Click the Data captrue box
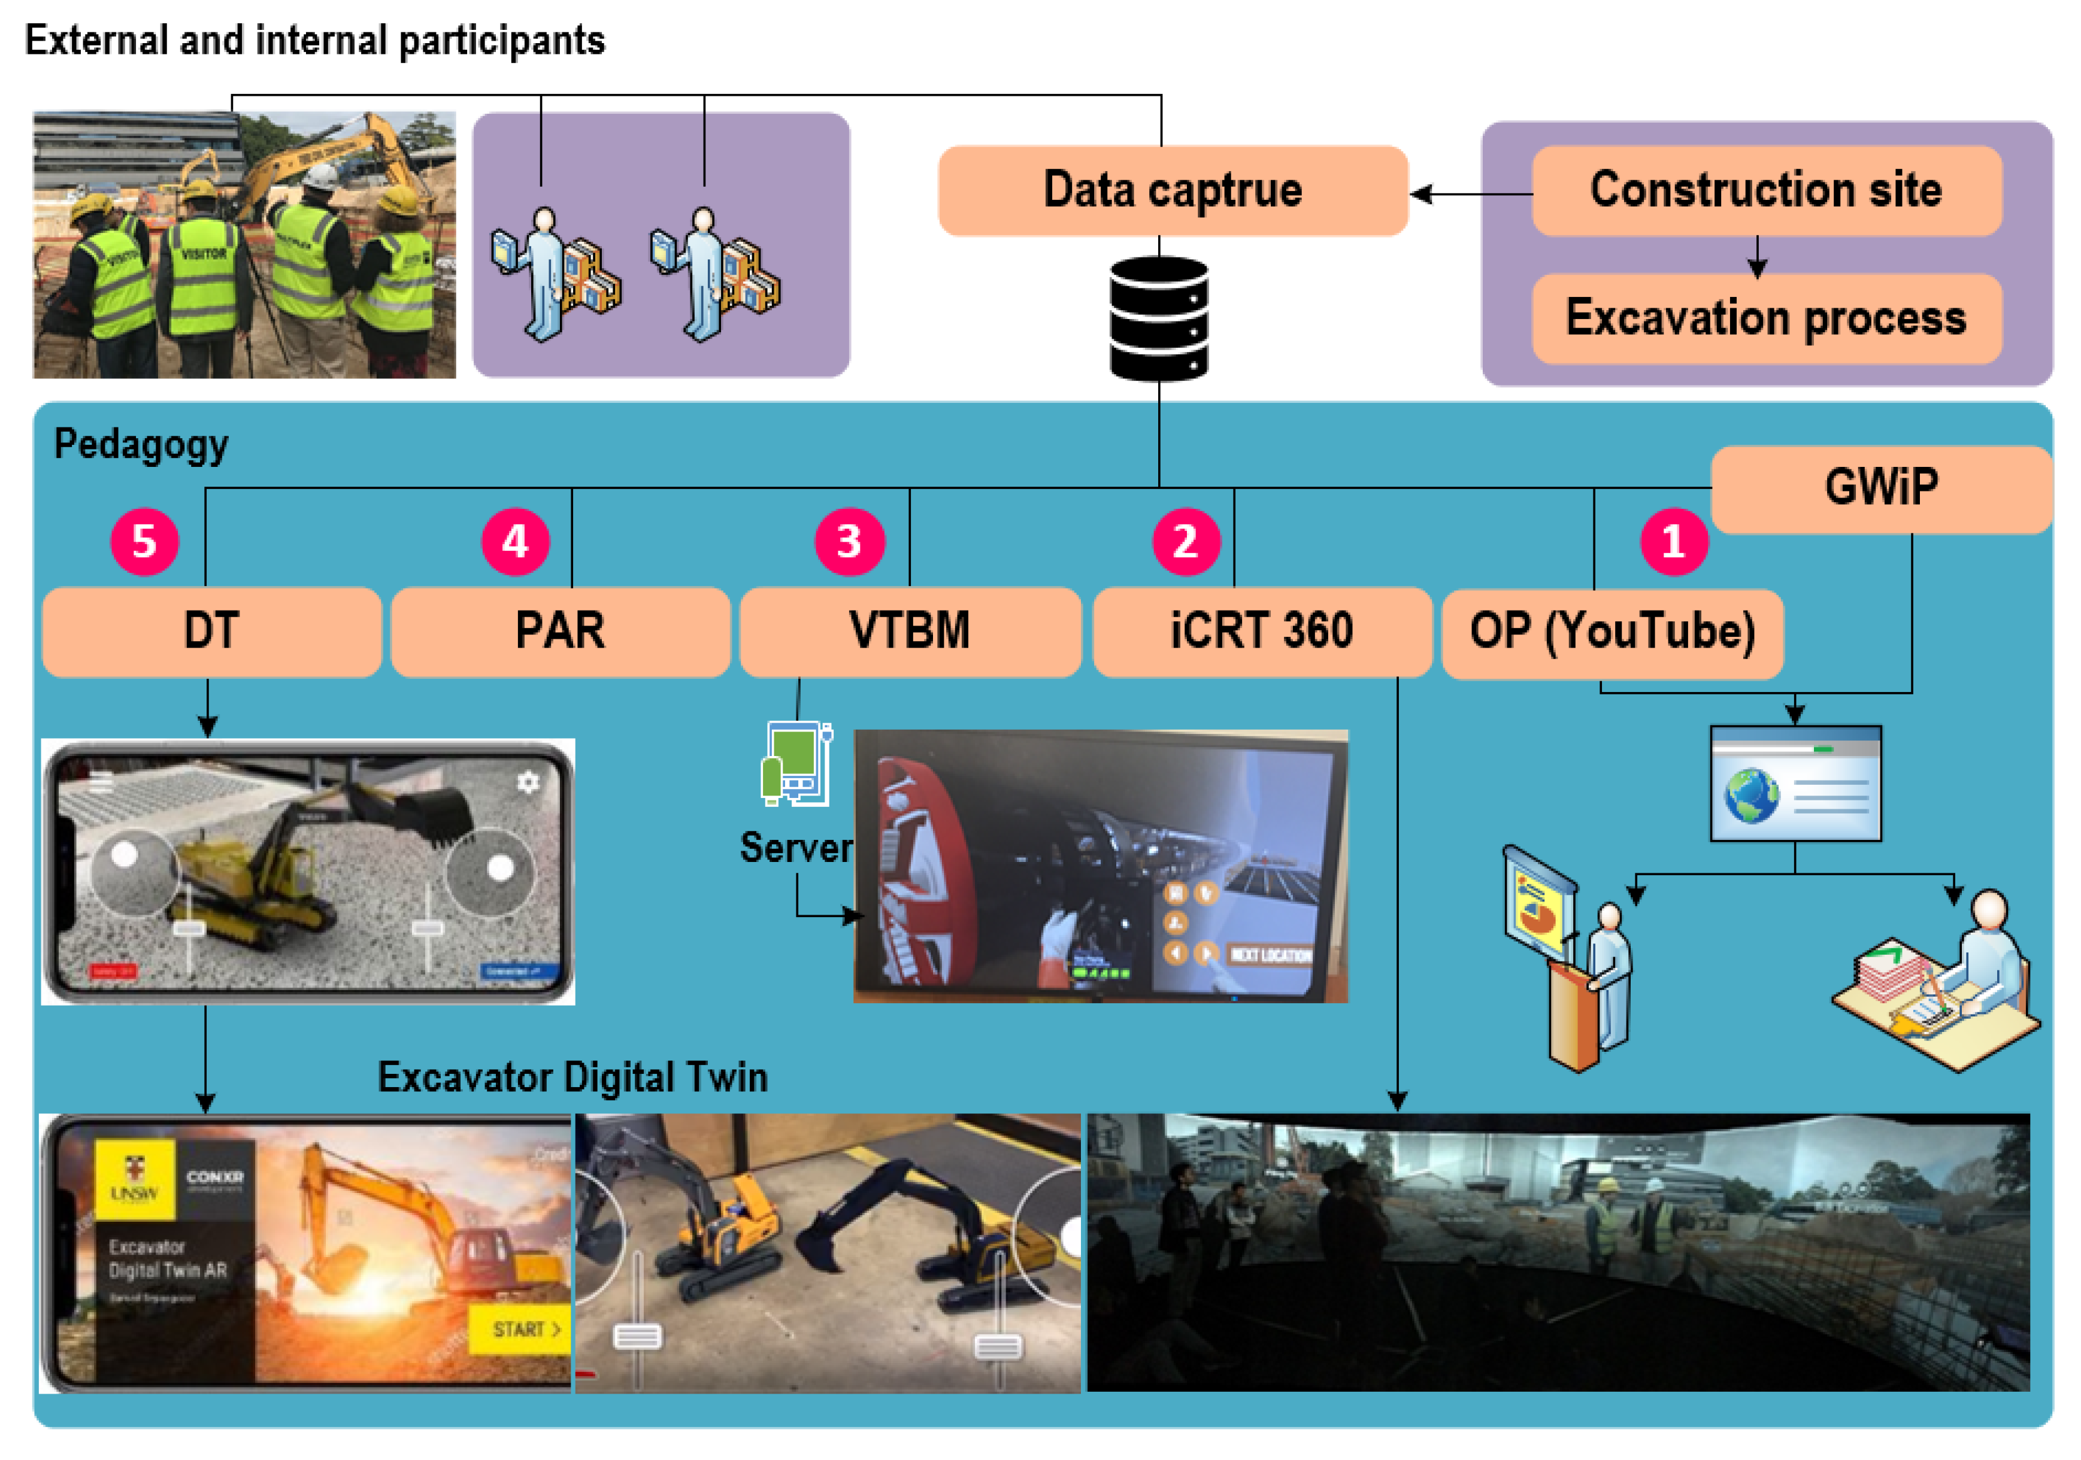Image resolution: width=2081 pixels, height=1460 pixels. [x=1172, y=190]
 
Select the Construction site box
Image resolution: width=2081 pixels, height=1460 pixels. [x=1765, y=190]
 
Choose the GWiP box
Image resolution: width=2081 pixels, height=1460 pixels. [x=1881, y=488]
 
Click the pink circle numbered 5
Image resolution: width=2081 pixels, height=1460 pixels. [x=144, y=542]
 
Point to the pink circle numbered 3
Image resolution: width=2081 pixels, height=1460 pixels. [x=849, y=542]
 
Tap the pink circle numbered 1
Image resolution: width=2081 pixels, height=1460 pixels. [x=1673, y=542]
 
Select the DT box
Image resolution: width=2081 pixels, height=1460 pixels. [x=211, y=632]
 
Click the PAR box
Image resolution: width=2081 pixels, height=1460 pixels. [x=560, y=632]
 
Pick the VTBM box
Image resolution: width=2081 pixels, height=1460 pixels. [x=910, y=632]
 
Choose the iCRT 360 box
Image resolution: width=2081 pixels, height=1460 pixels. [x=1262, y=632]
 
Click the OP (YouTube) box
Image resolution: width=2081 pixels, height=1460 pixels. [x=1612, y=633]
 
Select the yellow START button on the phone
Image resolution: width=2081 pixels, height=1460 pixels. [x=524, y=1328]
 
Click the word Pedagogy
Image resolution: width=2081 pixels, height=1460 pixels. [x=141, y=445]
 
